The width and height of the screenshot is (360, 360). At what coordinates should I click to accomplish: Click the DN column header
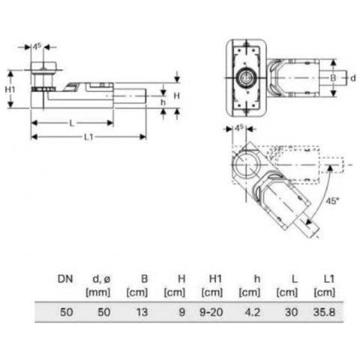pyautogui.click(x=65, y=279)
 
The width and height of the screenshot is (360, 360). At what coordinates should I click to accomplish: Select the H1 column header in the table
pyautogui.click(x=215, y=279)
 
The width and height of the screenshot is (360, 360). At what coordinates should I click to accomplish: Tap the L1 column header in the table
pyautogui.click(x=328, y=279)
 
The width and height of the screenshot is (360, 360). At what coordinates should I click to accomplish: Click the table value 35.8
pyautogui.click(x=324, y=312)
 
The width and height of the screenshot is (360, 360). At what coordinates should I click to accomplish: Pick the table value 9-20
pyautogui.click(x=211, y=312)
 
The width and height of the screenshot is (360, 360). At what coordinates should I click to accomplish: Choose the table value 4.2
pyautogui.click(x=253, y=312)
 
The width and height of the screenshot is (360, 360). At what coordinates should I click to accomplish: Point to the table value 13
pyautogui.click(x=142, y=312)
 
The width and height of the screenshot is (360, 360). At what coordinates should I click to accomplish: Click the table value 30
pyautogui.click(x=291, y=312)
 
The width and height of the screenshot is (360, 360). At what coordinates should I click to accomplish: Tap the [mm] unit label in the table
pyautogui.click(x=97, y=292)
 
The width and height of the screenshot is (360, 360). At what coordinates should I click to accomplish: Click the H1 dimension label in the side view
pyautogui.click(x=10, y=89)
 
